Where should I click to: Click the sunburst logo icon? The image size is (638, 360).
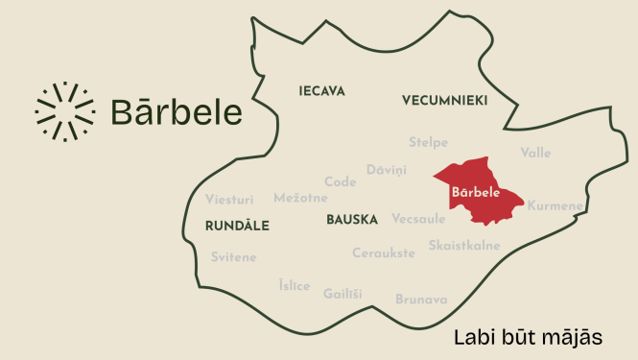click(64, 111)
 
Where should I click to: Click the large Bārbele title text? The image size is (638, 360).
click(177, 111)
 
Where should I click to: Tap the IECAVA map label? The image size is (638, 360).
click(321, 91)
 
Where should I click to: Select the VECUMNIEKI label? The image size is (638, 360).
click(445, 100)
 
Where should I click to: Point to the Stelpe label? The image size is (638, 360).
click(428, 142)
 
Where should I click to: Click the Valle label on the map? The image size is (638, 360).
click(536, 153)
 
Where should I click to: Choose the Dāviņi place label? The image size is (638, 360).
click(387, 170)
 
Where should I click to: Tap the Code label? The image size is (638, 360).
click(341, 181)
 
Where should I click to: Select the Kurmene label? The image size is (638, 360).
click(555, 205)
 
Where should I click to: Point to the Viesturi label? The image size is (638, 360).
click(229, 200)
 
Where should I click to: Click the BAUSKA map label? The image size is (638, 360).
click(352, 220)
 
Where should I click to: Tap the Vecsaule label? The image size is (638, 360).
click(418, 218)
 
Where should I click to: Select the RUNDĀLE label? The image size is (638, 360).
click(237, 226)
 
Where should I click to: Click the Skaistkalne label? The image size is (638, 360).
click(464, 245)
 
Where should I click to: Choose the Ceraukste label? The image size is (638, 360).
click(384, 252)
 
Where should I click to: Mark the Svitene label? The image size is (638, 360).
click(233, 257)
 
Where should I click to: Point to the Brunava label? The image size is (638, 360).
click(421, 300)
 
